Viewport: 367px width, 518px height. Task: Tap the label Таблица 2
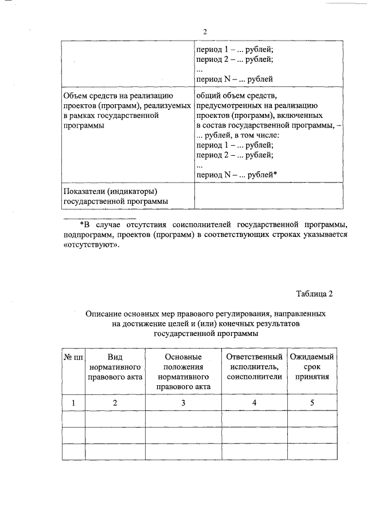click(x=314, y=294)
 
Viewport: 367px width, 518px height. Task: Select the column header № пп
click(x=73, y=357)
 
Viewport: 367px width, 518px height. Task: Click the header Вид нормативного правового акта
click(x=115, y=367)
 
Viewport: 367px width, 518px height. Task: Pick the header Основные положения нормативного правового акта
click(x=183, y=371)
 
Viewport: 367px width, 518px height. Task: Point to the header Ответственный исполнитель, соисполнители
click(x=255, y=367)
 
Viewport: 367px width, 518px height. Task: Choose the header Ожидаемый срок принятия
click(x=312, y=367)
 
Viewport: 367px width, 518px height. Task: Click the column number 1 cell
click(x=73, y=403)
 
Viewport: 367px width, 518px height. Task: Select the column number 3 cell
click(x=183, y=403)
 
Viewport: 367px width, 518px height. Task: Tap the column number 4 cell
click(x=255, y=403)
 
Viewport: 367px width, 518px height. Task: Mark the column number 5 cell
click(x=312, y=403)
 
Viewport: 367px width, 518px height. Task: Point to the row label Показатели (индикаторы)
click(x=110, y=191)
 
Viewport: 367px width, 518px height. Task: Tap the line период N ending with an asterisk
click(x=236, y=173)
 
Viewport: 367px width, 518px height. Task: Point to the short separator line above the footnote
click(x=99, y=218)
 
